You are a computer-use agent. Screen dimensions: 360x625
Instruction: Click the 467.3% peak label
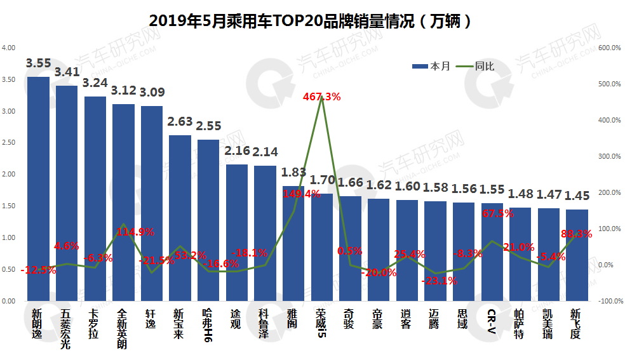pyautogui.click(x=321, y=97)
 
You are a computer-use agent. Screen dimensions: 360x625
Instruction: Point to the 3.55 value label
pyautogui.click(x=38, y=63)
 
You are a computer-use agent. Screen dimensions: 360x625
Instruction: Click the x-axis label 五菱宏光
pyautogui.click(x=66, y=329)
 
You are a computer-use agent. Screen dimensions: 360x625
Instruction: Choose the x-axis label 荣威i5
pyautogui.click(x=321, y=324)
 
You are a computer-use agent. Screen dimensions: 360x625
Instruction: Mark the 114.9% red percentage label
pyautogui.click(x=137, y=232)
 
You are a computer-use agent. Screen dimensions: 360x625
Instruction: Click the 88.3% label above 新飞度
pyautogui.click(x=576, y=234)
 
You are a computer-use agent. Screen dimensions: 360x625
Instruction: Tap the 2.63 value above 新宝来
pyautogui.click(x=180, y=123)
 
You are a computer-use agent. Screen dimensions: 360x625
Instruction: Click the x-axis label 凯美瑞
pyautogui.click(x=548, y=324)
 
